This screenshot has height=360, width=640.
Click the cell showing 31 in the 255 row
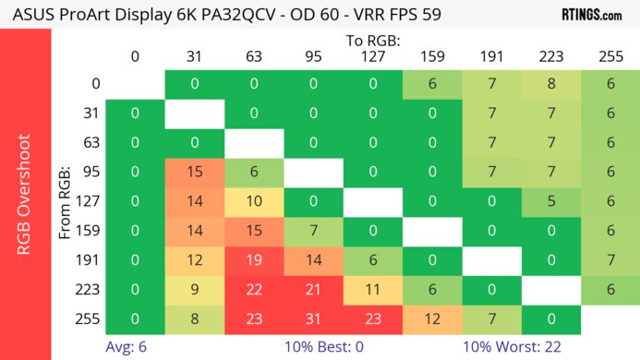[x=313, y=319]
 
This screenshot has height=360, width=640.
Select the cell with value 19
[x=253, y=261]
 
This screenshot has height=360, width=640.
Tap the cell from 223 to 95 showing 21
[x=313, y=290]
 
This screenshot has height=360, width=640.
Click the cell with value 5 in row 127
[x=550, y=201]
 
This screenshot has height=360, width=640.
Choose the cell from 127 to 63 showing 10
[x=253, y=201]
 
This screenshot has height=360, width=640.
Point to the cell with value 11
[x=372, y=290]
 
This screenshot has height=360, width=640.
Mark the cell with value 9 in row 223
[x=194, y=290]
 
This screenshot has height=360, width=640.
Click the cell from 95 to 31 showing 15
[x=194, y=172]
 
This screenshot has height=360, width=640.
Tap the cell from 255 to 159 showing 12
[x=431, y=319]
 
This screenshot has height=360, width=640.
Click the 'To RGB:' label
[x=372, y=41]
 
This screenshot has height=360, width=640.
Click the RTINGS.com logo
[x=591, y=15]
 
